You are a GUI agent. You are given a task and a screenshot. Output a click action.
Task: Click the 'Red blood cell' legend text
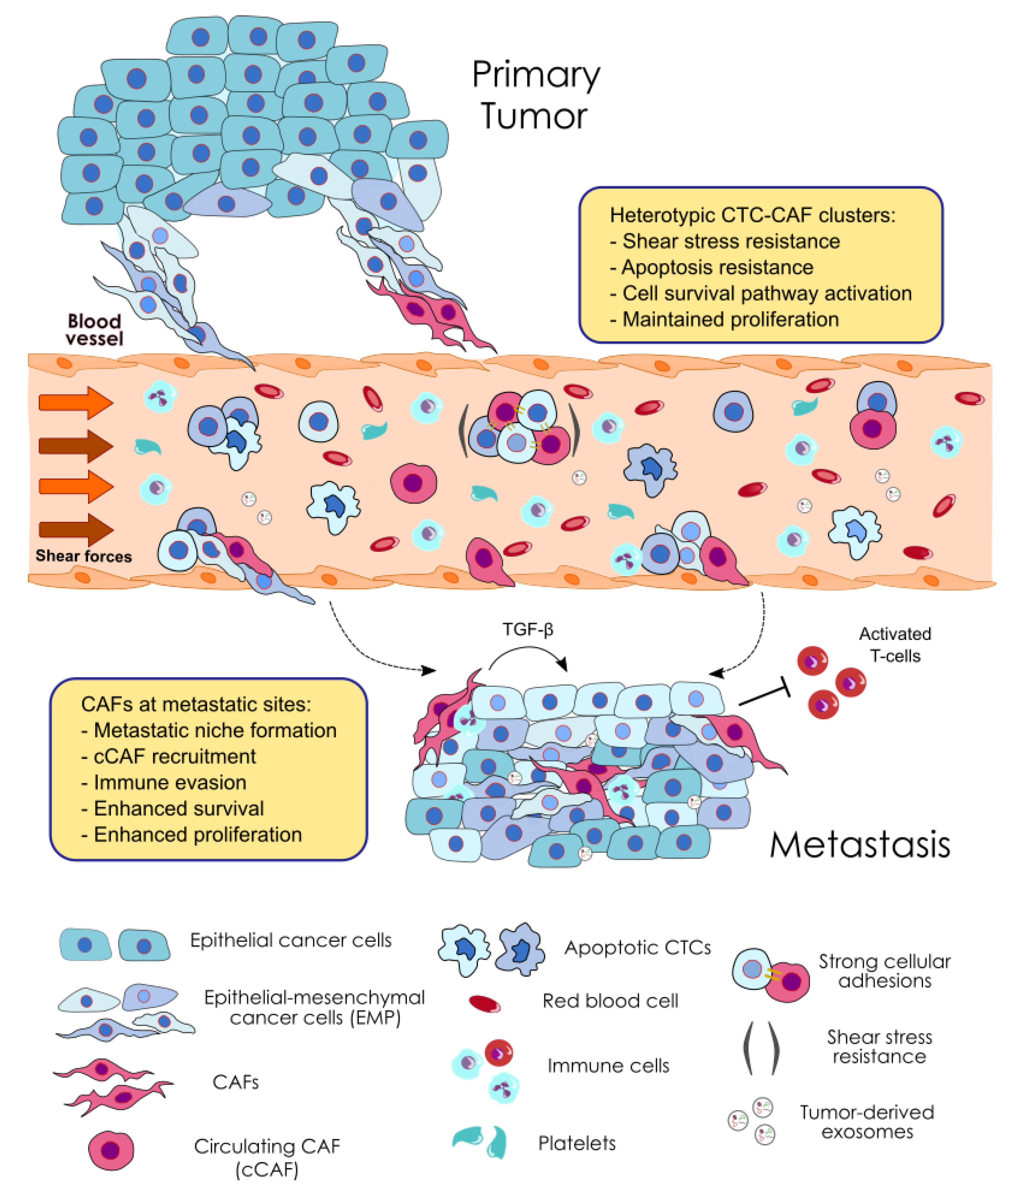tap(610, 1001)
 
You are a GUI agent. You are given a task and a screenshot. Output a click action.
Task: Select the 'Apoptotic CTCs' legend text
tap(637, 947)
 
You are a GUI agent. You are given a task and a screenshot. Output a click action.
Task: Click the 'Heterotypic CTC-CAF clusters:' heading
tap(752, 215)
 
